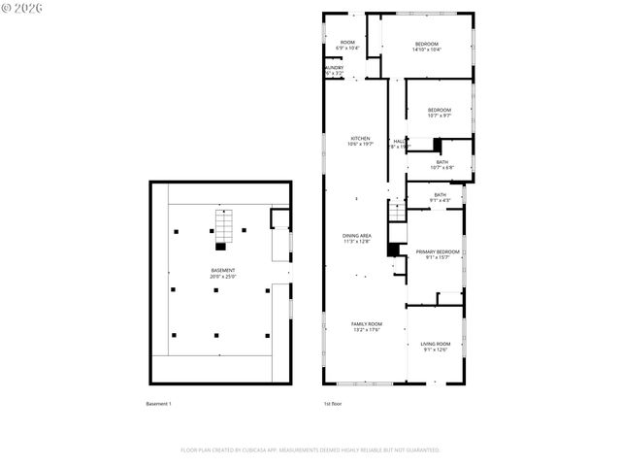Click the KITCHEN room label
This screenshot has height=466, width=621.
360,139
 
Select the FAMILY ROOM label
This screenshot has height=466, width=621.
366,323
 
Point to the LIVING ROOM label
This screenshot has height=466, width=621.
436,344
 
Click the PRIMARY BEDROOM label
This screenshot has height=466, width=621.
437,251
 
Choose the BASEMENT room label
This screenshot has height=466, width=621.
223,270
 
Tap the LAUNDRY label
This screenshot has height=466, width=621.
333,67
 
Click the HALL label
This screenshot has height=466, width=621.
399,142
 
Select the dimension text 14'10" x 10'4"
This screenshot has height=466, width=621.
427,50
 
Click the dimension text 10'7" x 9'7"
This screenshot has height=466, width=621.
441,116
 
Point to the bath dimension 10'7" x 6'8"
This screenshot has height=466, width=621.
441,167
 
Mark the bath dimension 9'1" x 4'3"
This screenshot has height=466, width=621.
440,201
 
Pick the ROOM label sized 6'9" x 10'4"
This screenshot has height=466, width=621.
346,42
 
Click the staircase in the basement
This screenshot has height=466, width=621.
223,227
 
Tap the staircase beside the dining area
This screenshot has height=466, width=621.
395,210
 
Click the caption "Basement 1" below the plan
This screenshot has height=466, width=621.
158,403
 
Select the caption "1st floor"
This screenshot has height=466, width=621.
332,403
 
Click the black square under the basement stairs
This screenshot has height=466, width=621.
220,247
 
